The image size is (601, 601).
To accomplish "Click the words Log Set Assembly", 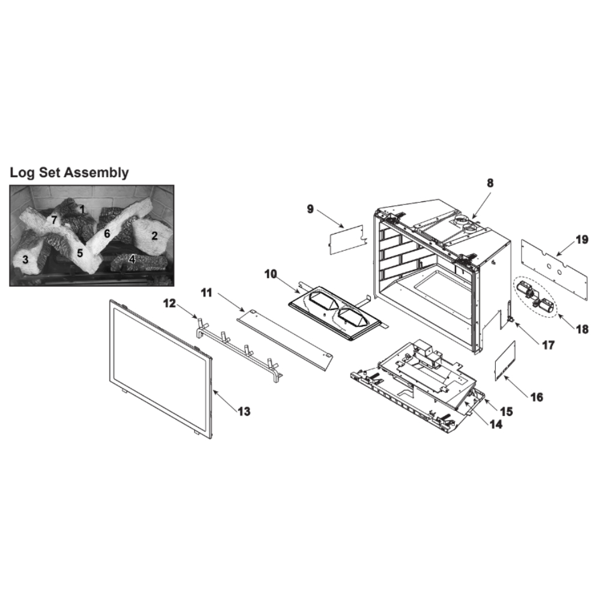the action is (x=69, y=172).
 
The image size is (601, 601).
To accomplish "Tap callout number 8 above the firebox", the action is (x=490, y=183).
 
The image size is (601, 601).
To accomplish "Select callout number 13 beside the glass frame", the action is (x=244, y=411).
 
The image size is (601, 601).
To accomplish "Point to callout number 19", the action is (x=582, y=240).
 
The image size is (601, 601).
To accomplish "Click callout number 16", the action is (x=537, y=397).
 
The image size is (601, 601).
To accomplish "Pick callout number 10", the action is (x=270, y=274).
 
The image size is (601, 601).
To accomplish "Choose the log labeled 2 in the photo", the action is (x=152, y=237).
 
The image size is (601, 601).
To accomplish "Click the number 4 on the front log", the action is (x=132, y=260).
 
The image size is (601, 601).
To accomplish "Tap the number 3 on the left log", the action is (x=25, y=260).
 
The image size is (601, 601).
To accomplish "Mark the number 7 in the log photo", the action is (x=54, y=220).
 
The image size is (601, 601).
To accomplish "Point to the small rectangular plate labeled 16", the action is (x=505, y=361).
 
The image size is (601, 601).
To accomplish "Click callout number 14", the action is (x=496, y=424).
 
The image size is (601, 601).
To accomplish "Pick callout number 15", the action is (x=506, y=412).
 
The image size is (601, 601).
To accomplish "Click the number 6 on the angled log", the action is (x=107, y=233).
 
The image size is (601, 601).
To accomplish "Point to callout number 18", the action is (x=582, y=329).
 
